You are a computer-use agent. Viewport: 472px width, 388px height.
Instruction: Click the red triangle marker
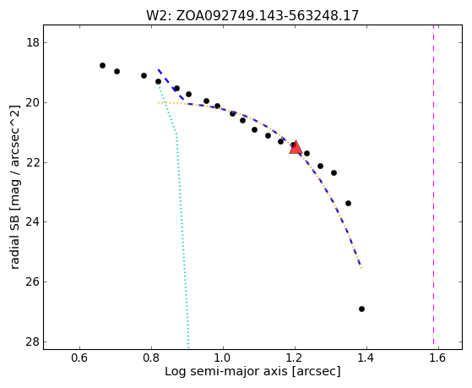point(296,147)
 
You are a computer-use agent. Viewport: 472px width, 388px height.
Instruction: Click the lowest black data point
point(362,309)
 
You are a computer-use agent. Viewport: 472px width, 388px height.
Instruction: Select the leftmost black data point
point(103,65)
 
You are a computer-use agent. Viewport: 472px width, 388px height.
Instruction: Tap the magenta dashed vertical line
point(433,184)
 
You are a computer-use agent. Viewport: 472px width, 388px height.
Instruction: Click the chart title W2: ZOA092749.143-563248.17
point(252,16)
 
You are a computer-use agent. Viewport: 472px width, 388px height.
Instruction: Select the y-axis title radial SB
point(14,187)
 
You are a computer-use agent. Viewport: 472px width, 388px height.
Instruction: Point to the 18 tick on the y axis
point(33,42)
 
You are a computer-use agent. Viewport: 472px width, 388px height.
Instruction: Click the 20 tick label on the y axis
point(33,102)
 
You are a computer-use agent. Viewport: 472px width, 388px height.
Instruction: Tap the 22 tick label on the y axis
point(33,162)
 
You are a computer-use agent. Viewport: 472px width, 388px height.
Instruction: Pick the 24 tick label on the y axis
point(33,221)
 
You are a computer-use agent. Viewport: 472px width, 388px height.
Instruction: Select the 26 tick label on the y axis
point(33,281)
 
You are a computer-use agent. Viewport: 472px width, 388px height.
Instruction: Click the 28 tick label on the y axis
point(33,342)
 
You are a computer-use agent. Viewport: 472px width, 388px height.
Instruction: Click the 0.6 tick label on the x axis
point(79,358)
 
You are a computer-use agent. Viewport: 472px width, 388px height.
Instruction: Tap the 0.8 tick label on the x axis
point(151,358)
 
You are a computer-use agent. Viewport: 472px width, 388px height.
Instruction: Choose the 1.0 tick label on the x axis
point(223,358)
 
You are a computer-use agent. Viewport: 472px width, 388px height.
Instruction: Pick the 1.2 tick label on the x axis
point(295,358)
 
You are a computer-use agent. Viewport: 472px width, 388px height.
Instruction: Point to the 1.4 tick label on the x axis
point(366,358)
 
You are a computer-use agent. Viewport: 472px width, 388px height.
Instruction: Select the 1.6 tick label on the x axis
point(438,358)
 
